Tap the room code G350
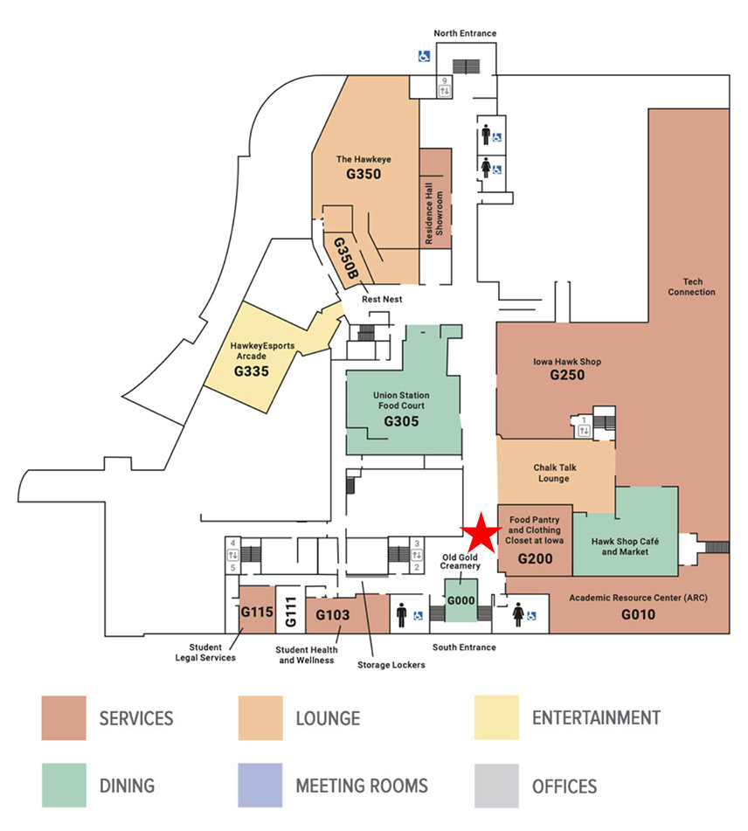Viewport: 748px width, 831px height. click(364, 174)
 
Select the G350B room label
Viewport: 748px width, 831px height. click(346, 259)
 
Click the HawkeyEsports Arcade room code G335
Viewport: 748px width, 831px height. click(251, 370)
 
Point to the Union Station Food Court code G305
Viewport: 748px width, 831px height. click(401, 421)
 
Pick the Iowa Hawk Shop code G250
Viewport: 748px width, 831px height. click(566, 376)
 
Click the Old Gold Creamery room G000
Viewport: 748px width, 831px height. click(461, 601)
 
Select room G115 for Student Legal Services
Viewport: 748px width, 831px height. click(257, 612)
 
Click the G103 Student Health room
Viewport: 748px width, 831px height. click(332, 615)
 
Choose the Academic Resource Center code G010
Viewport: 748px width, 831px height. click(638, 614)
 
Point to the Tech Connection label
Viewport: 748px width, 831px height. click(692, 287)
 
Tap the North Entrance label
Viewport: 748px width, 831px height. click(465, 33)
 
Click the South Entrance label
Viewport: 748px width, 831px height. click(464, 647)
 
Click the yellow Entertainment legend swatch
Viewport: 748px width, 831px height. click(496, 718)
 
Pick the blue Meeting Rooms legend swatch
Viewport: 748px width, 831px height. click(260, 786)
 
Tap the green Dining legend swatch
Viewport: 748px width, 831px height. click(64, 786)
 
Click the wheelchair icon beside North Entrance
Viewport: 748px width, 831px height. click(423, 56)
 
